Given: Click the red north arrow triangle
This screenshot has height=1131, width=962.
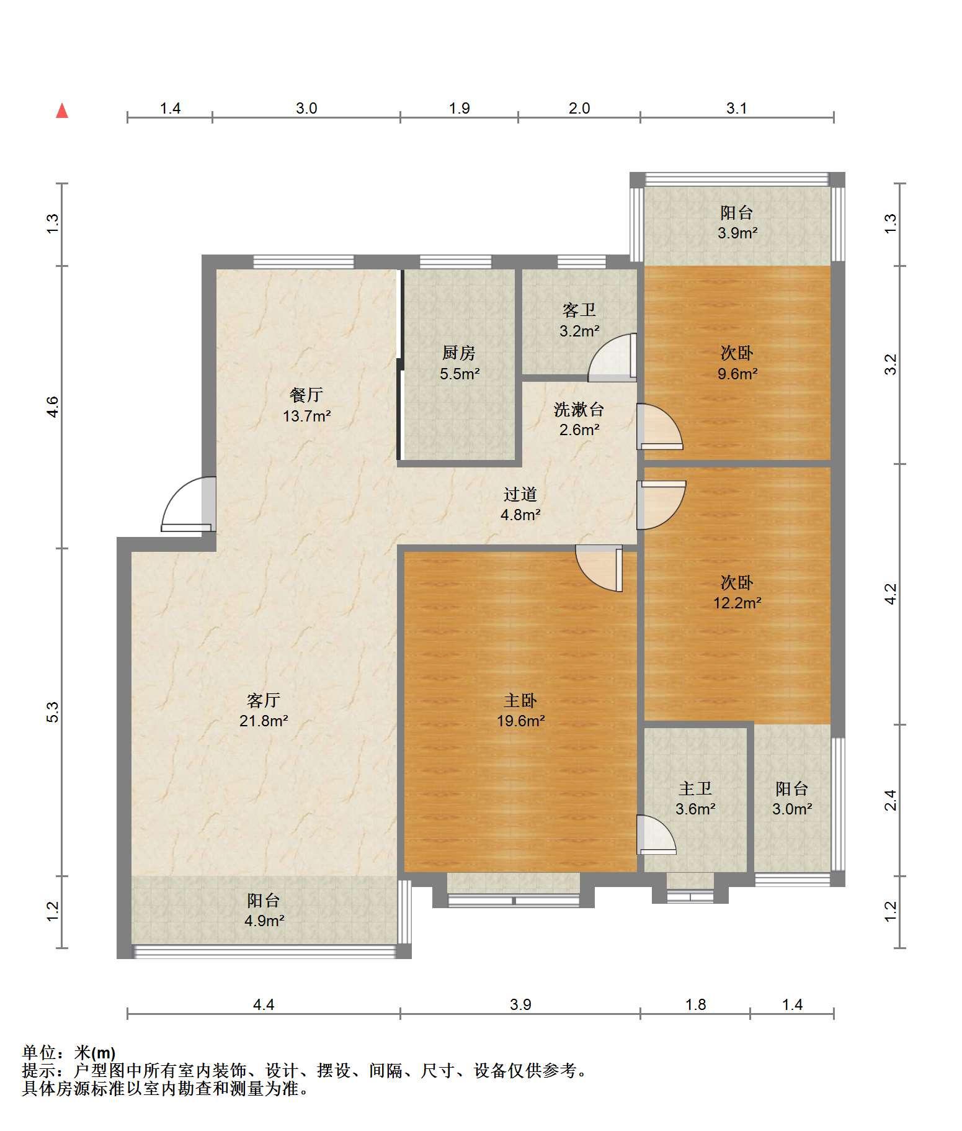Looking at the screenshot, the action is [x=62, y=111].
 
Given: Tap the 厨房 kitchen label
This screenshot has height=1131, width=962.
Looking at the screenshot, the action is [x=459, y=353].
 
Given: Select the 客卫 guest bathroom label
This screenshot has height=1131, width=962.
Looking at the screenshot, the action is [x=579, y=310].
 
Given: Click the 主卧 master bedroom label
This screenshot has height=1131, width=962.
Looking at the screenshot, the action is [x=520, y=700].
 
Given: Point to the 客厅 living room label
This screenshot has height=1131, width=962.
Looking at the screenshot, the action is [x=264, y=700].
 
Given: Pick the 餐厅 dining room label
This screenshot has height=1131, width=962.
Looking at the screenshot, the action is [x=306, y=395].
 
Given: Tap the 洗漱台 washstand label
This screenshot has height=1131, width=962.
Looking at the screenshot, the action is [x=579, y=409].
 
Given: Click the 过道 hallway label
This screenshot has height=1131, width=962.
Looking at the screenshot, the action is [x=520, y=494].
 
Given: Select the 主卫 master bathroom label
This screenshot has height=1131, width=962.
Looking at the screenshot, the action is [x=695, y=788].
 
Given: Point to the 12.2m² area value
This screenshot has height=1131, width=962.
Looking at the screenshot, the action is [x=737, y=602].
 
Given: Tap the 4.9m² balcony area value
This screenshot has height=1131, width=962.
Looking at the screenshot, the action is [x=264, y=921].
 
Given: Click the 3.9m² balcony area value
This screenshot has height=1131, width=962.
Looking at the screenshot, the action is [x=737, y=233].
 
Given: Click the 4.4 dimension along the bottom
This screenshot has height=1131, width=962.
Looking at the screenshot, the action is [x=264, y=1004].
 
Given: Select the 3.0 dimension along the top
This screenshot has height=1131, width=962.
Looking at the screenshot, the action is [x=306, y=108].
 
